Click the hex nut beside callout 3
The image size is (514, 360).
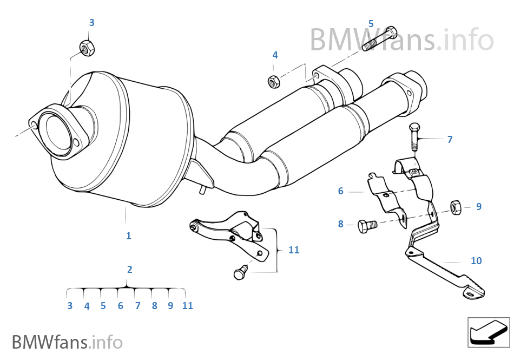click(87, 47)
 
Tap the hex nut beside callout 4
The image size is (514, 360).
click(274, 82)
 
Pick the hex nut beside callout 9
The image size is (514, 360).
click(456, 207)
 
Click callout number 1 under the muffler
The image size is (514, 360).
click(128, 236)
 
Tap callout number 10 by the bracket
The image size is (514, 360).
click(476, 261)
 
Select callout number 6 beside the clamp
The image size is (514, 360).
click(340, 191)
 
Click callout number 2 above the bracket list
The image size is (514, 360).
click(129, 269)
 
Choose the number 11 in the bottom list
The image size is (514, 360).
click(187, 306)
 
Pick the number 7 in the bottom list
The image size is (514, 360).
click(137, 306)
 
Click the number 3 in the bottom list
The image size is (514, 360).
click(70, 306)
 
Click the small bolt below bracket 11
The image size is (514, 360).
click(239, 273)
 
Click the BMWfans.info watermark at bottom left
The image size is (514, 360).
click(67, 342)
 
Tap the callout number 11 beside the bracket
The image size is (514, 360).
click(293, 250)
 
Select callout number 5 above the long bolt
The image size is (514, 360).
click(371, 23)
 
